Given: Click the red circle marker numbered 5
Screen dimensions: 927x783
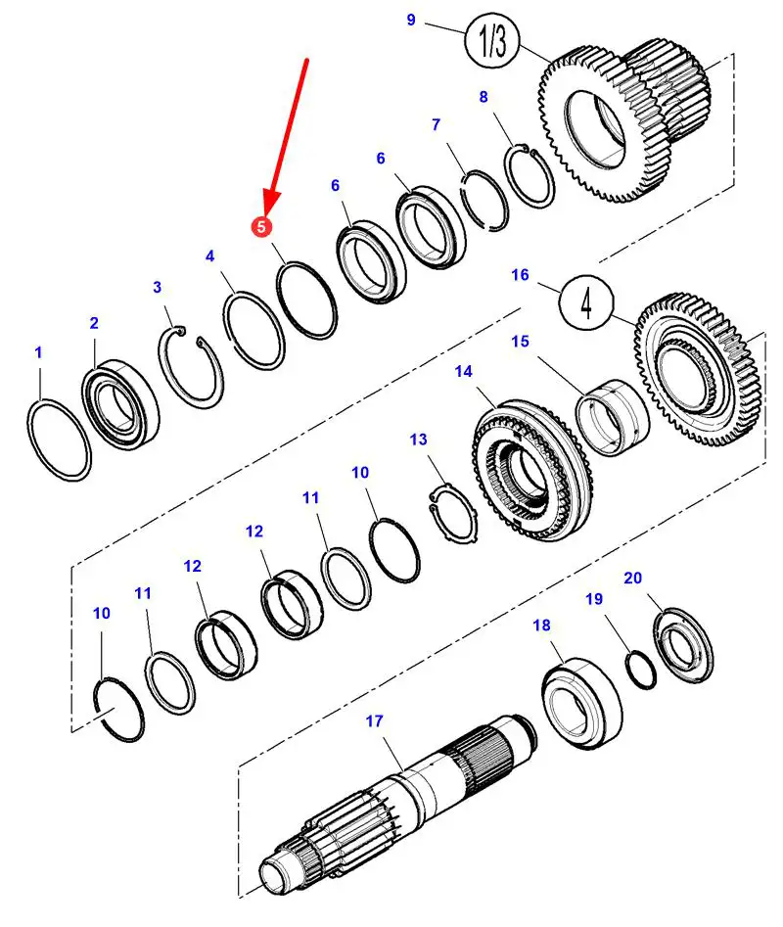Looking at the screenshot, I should (x=260, y=226).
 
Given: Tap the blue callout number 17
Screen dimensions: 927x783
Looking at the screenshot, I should (x=375, y=721).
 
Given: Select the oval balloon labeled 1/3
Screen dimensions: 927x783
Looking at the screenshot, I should (x=492, y=40).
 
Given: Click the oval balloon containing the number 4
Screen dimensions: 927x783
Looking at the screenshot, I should (x=586, y=302).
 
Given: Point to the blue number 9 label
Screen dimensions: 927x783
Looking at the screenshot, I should (x=411, y=20).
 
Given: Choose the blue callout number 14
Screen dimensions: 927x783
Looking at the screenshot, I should (x=463, y=372).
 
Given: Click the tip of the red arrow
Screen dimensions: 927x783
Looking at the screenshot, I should (x=265, y=208).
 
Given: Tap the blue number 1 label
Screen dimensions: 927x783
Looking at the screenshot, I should (x=38, y=351).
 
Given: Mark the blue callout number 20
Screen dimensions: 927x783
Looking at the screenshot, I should (x=632, y=578).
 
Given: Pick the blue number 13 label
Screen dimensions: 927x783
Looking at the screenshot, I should (x=419, y=440).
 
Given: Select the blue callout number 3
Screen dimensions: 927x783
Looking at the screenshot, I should (x=157, y=287).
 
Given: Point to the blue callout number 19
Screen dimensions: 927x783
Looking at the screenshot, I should (x=594, y=599).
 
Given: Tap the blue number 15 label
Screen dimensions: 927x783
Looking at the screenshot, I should (x=520, y=341).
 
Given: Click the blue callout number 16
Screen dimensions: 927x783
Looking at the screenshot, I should (x=520, y=275).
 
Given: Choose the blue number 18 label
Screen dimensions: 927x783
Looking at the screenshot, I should (x=541, y=625).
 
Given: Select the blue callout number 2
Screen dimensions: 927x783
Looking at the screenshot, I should (x=94, y=323).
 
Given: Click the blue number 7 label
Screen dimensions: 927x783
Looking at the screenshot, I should (x=436, y=124).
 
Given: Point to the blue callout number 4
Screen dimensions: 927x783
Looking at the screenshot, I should (x=209, y=256).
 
